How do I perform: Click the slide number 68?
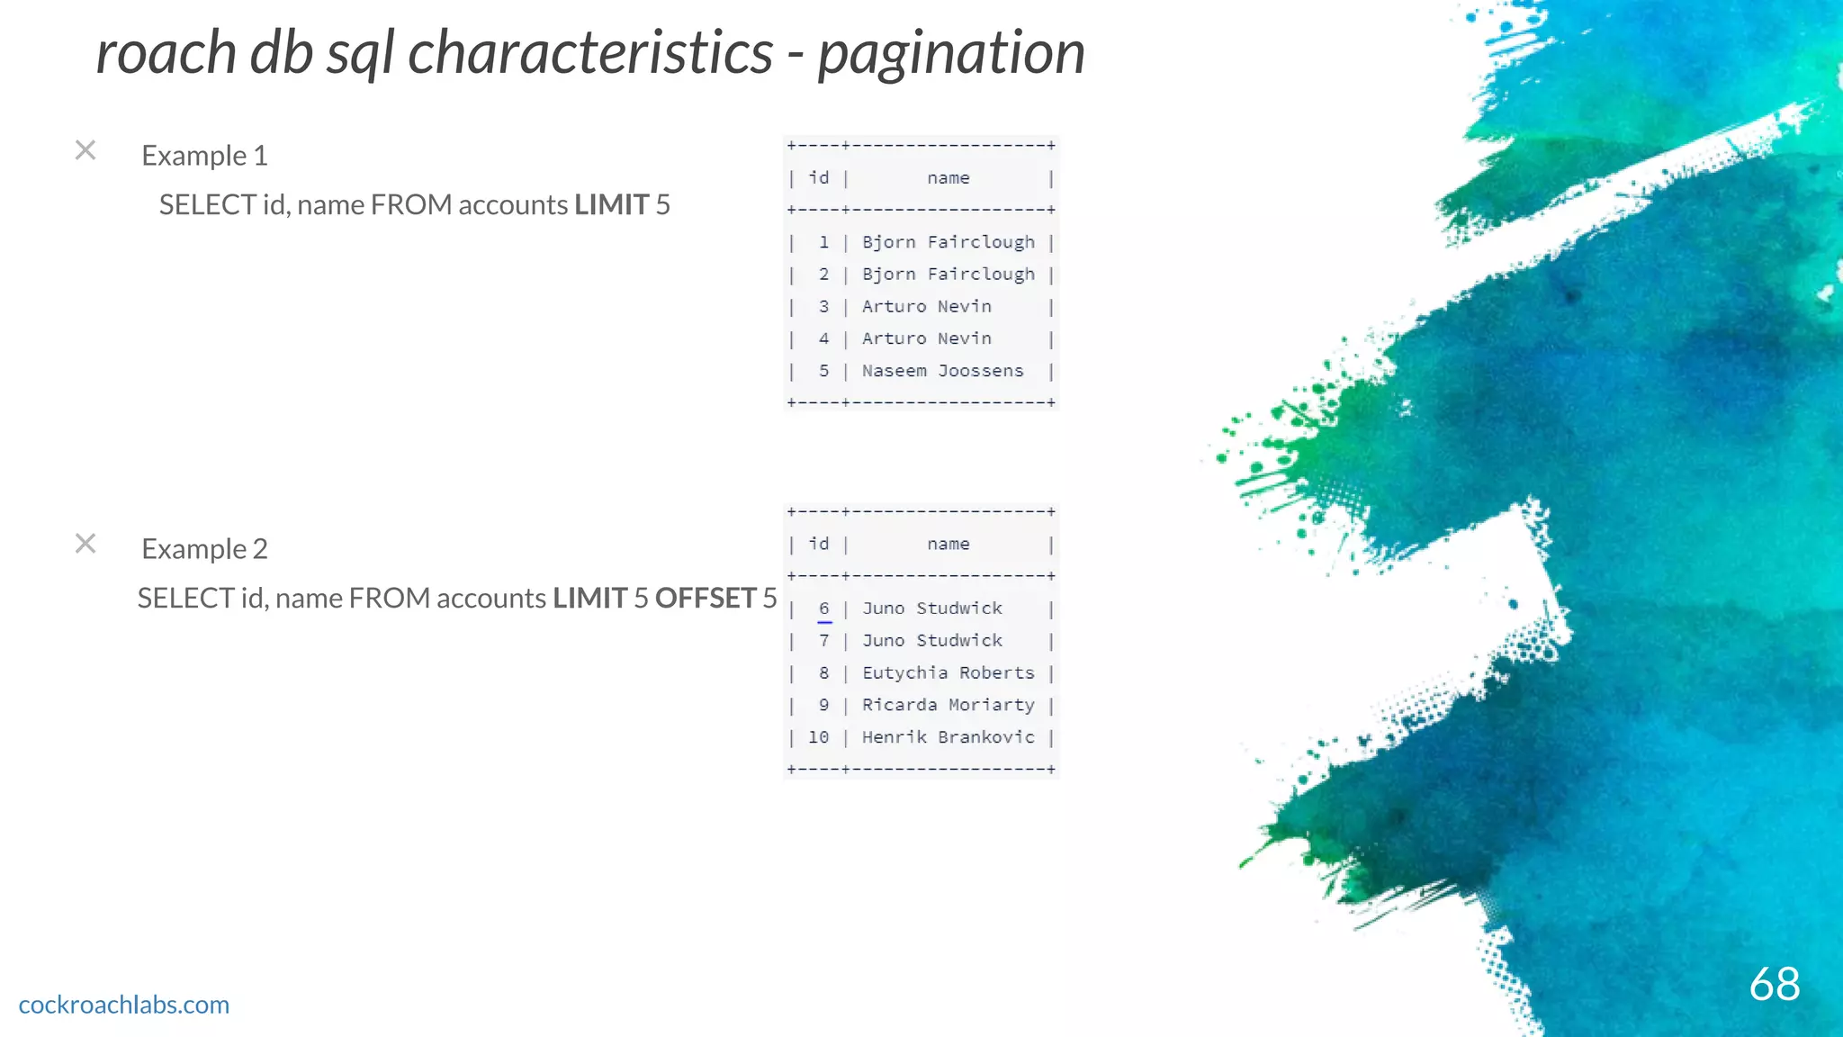point(1774,984)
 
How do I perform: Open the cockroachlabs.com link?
point(124,1005)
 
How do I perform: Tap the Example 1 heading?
point(204,156)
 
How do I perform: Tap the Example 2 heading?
point(204,549)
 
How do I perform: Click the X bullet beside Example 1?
point(85,150)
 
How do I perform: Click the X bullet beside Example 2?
point(85,544)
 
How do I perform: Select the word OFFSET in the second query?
point(705,599)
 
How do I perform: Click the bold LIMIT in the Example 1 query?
point(611,205)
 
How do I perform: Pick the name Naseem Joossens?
point(942,371)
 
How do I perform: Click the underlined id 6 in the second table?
point(823,609)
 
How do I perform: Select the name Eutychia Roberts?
point(948,673)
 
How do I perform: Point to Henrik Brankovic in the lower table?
point(948,737)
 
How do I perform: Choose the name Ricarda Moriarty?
point(948,705)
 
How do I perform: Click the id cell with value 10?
point(818,737)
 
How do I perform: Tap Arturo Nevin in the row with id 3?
point(926,307)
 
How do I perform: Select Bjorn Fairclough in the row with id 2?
point(948,275)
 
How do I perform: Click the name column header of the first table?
point(948,178)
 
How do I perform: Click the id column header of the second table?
point(818,544)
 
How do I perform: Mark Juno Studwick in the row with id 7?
point(931,641)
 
